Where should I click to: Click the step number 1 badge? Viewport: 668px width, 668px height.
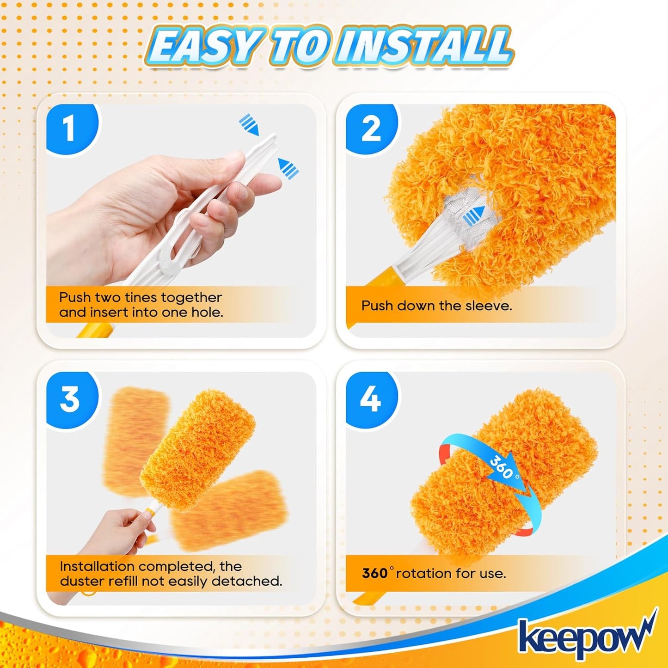(x=69, y=129)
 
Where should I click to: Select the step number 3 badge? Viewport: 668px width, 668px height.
(x=70, y=399)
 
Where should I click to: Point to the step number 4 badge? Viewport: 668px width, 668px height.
(x=370, y=399)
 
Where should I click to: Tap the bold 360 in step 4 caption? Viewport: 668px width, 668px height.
(x=374, y=573)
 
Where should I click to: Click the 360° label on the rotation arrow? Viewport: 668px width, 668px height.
(x=503, y=468)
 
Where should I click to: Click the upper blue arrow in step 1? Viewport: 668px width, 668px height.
(x=249, y=125)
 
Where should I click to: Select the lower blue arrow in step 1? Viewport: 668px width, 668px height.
(x=288, y=168)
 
